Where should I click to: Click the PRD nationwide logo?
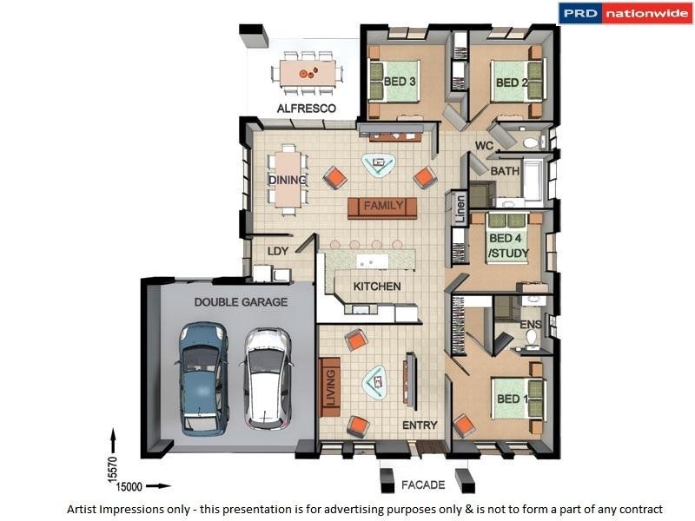click(x=625, y=13)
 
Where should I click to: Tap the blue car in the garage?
click(x=203, y=379)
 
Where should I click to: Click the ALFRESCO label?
click(x=307, y=109)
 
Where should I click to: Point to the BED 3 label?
click(x=400, y=82)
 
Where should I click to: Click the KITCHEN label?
click(x=377, y=287)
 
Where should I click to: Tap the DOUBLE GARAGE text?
click(x=241, y=302)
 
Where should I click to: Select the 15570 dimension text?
click(x=113, y=469)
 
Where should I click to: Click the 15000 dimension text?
click(x=129, y=487)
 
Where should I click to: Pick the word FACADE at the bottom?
click(x=423, y=485)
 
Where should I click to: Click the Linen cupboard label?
click(x=460, y=209)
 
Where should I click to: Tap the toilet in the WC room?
click(x=532, y=142)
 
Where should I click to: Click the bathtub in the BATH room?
click(x=533, y=181)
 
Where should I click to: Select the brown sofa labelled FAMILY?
click(x=382, y=208)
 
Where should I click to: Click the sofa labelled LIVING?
click(x=329, y=386)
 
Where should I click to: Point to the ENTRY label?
click(x=420, y=425)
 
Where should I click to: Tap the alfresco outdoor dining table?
click(x=308, y=73)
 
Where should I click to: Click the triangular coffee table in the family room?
click(x=379, y=165)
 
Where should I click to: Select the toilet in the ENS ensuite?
click(x=532, y=338)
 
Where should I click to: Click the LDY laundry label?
click(x=278, y=251)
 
